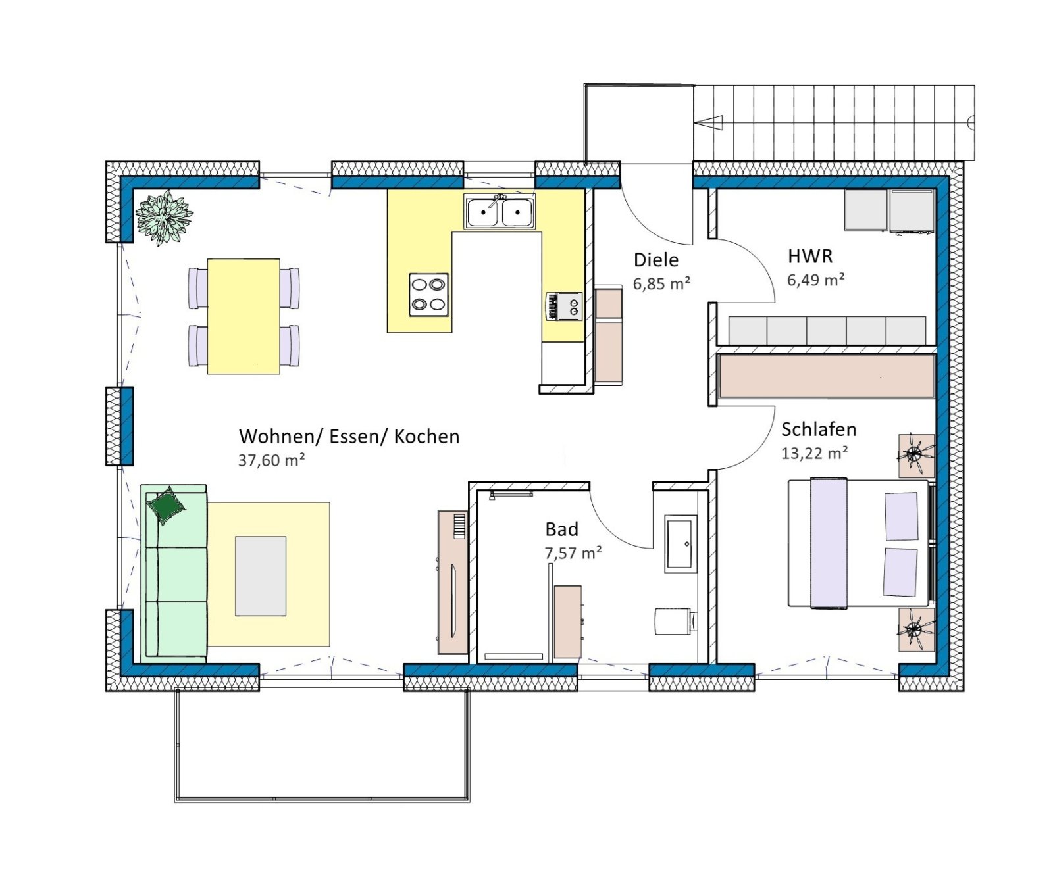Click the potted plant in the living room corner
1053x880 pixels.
click(x=164, y=217)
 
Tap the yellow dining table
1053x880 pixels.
click(x=244, y=316)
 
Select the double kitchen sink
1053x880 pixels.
click(x=500, y=212)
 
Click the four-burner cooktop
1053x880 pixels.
click(x=429, y=295)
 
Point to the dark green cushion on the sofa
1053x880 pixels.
click(x=167, y=505)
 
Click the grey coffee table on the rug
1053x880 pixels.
click(x=261, y=576)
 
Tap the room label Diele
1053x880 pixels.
click(x=656, y=260)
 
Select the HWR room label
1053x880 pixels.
click(x=810, y=256)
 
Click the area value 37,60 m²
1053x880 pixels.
click(x=271, y=460)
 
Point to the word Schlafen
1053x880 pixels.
click(x=819, y=429)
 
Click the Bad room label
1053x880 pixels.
click(x=562, y=529)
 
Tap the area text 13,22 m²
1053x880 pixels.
click(x=814, y=452)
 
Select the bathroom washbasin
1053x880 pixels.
click(x=681, y=543)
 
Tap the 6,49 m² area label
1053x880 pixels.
click(x=816, y=280)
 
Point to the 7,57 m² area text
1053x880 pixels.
click(x=573, y=553)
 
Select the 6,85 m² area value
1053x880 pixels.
click(x=661, y=283)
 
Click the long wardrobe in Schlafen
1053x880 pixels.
click(x=827, y=376)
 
